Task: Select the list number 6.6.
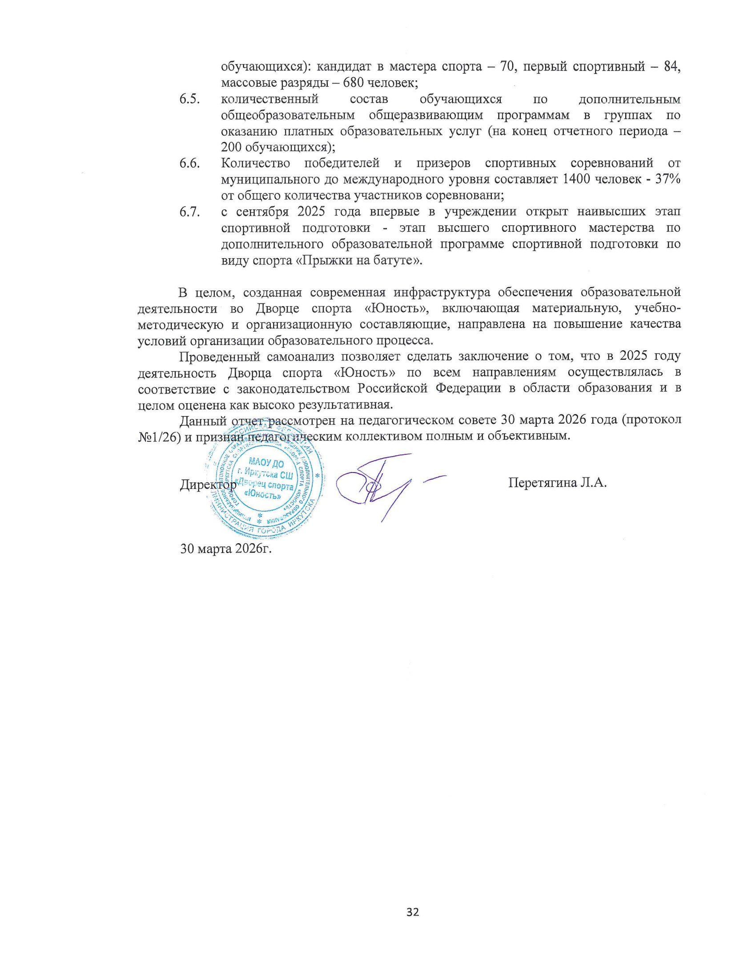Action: click(189, 164)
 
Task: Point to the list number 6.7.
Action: click(189, 212)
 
